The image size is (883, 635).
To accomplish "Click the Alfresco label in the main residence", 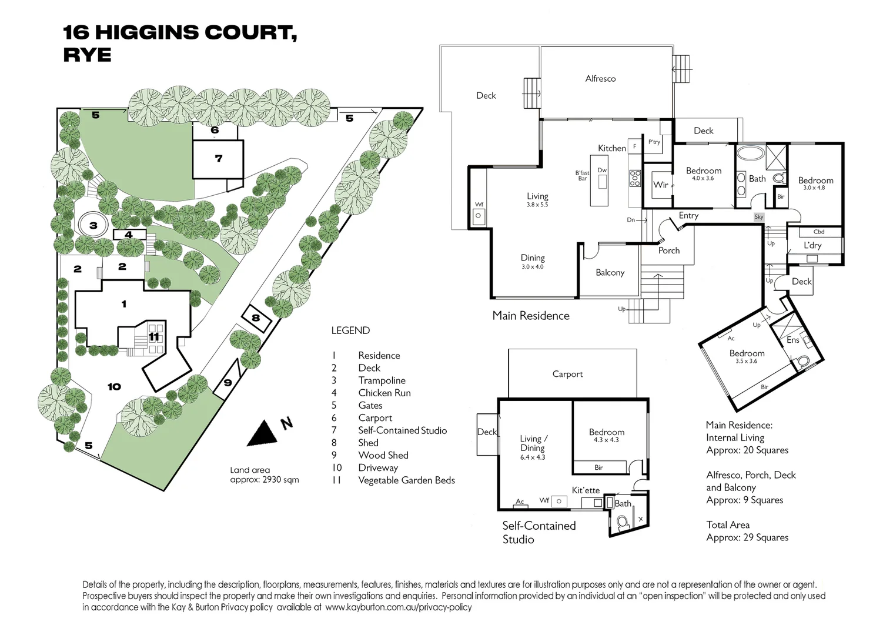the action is [x=600, y=78].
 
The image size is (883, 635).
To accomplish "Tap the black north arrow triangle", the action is [x=263, y=435].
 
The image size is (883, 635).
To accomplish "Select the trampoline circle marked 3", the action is [x=93, y=225].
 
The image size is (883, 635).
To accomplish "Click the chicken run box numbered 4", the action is [x=129, y=235].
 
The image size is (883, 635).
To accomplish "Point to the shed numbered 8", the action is [x=256, y=318].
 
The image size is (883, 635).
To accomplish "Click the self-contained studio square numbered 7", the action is [x=218, y=159].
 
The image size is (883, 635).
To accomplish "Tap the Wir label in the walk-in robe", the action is [x=661, y=185].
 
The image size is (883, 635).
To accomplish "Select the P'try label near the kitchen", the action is [x=654, y=142].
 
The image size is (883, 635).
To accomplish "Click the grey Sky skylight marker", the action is [x=759, y=217].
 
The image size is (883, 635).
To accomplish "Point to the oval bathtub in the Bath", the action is [x=750, y=153].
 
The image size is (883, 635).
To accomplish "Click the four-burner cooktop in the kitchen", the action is [x=635, y=178].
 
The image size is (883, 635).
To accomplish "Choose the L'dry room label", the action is [x=812, y=245].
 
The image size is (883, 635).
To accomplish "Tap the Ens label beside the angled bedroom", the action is [x=792, y=340].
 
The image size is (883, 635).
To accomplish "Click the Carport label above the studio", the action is [x=567, y=374].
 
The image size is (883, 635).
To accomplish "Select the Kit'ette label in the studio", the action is [x=586, y=490].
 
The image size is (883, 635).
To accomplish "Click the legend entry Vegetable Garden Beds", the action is [x=406, y=480].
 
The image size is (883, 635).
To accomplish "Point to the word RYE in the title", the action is [x=87, y=55].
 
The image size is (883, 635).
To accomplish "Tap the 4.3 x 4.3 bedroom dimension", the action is [x=606, y=440].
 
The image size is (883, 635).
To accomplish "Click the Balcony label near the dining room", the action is [x=610, y=272].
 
